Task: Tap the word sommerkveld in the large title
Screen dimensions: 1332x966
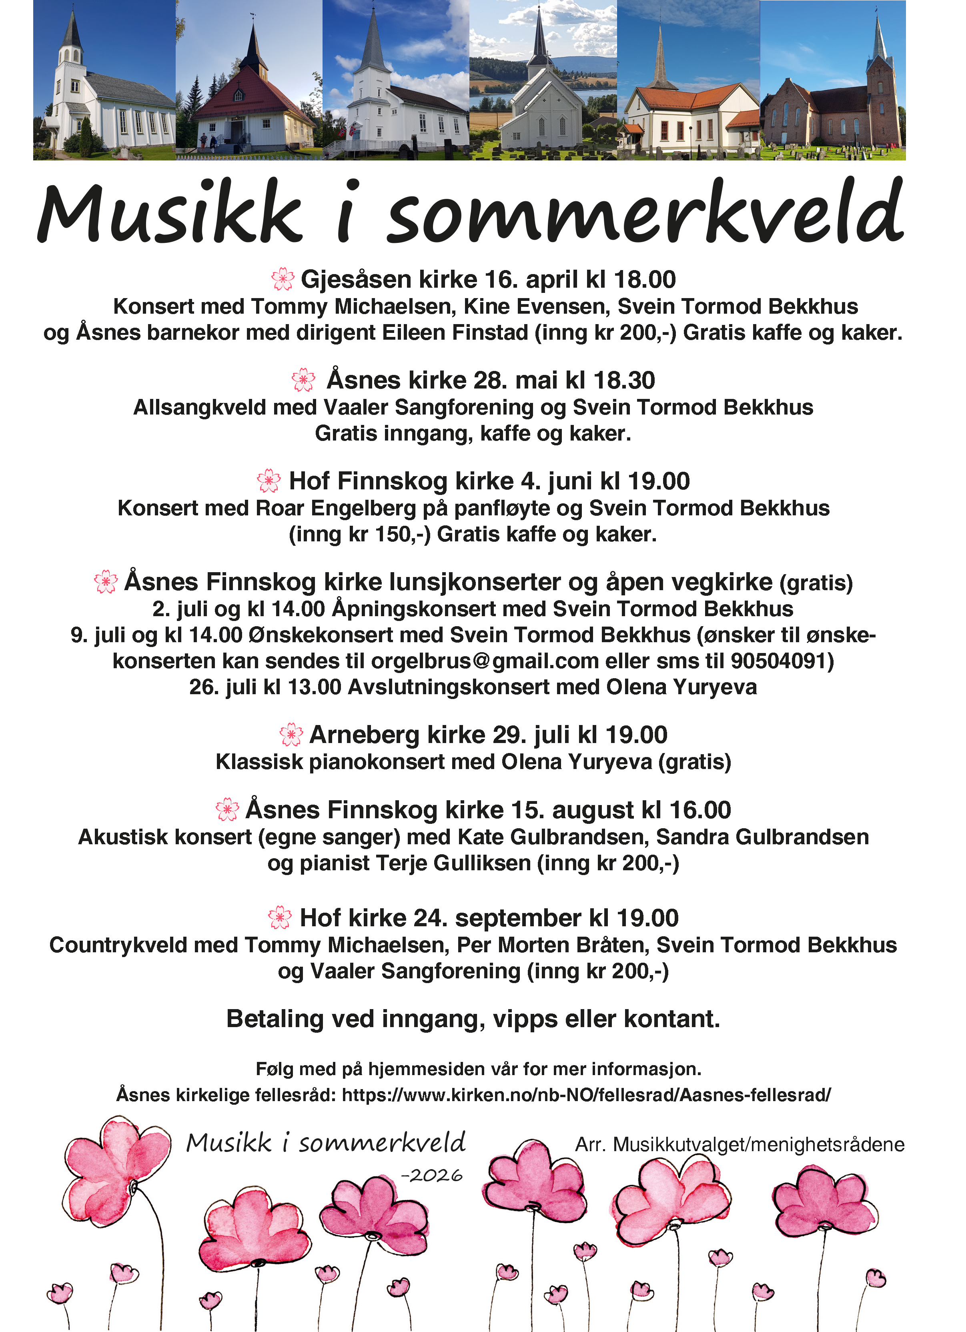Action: (644, 212)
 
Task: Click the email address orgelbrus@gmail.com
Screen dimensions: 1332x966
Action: (485, 661)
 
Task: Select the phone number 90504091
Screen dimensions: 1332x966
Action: (778, 661)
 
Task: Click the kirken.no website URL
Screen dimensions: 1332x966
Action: (586, 1095)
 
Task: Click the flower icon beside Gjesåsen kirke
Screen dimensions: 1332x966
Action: (283, 280)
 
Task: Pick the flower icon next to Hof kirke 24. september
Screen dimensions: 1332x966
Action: (280, 917)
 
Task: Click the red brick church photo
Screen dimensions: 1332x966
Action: (833, 80)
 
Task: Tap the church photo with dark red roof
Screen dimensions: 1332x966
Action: (249, 80)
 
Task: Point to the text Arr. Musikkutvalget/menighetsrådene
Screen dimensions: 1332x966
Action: (740, 1145)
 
